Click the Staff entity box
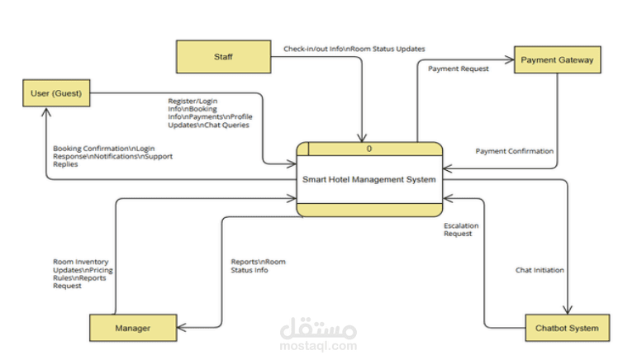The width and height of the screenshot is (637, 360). click(223, 57)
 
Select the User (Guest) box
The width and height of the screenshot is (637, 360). click(57, 92)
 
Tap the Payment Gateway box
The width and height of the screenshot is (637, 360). click(556, 59)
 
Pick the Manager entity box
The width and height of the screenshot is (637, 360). click(132, 328)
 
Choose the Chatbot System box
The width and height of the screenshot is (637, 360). click(567, 329)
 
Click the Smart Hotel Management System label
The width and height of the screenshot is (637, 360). click(370, 179)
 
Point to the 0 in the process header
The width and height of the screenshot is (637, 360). click(369, 149)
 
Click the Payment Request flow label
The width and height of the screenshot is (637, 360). click(458, 69)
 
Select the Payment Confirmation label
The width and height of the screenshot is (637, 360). click(514, 151)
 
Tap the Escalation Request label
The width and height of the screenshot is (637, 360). click(461, 230)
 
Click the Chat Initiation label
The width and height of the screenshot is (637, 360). click(540, 270)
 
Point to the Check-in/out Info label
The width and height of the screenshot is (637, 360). click(354, 49)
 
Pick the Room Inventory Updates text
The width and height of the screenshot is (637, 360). click(83, 273)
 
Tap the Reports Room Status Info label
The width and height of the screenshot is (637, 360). click(258, 266)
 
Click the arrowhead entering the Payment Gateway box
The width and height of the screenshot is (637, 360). click(511, 59)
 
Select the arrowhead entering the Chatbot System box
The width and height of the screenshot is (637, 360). click(567, 310)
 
